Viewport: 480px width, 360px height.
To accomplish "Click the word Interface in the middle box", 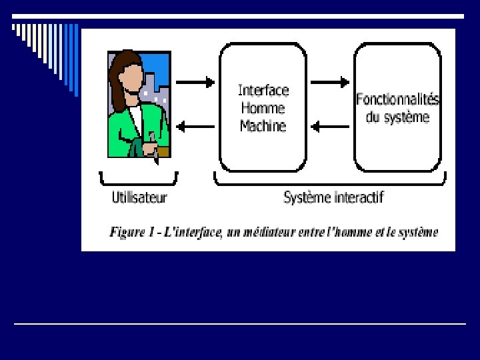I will pos(263,90).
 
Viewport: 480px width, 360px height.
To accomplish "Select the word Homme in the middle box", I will pos(263,108).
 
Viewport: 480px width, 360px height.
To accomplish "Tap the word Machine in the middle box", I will pos(263,126).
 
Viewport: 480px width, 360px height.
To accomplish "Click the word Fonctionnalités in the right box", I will pos(397,99).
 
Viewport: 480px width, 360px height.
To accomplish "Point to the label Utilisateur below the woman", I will pos(139,197).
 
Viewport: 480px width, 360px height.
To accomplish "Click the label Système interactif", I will pos(333,197).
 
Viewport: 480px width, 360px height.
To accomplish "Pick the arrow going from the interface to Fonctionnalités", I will pos(330,83).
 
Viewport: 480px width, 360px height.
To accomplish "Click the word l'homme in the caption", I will pos(358,233).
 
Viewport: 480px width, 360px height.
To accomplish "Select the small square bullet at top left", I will pos(15,28).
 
